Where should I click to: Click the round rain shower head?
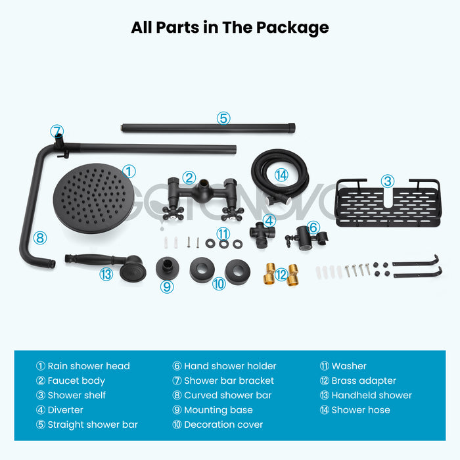93,198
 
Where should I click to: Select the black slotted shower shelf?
388,203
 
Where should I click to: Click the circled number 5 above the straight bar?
223,118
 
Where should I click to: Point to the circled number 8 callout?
40,238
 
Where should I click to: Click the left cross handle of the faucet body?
173,213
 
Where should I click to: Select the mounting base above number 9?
167,268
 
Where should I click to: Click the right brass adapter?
293,275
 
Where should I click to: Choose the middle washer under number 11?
223,244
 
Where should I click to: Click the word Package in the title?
292,28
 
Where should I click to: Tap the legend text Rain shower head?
89,366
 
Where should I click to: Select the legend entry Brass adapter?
364,380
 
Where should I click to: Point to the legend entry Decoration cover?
223,425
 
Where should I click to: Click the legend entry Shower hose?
361,410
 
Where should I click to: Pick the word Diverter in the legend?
66,410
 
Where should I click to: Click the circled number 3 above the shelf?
388,181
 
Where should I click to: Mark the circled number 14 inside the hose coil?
281,175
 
